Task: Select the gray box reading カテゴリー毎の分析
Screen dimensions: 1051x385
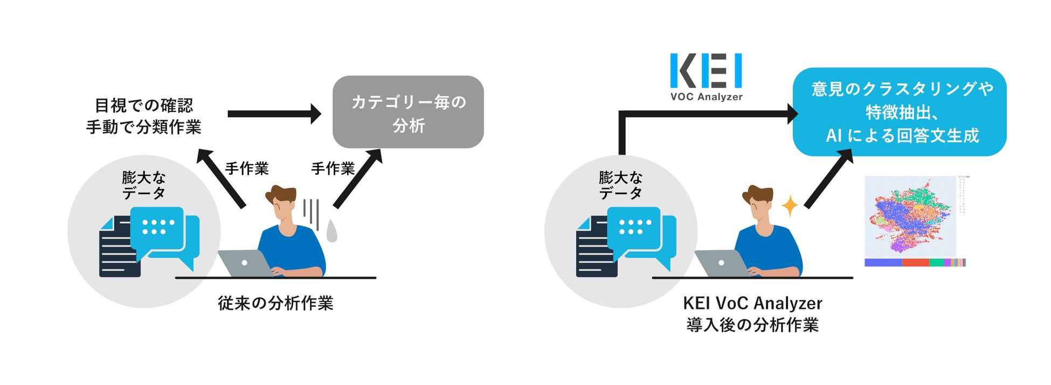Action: click(x=408, y=112)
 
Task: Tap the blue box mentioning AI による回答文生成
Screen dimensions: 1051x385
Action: click(x=899, y=112)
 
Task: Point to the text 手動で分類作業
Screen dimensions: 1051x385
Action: click(x=143, y=127)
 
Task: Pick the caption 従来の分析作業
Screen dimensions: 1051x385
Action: click(x=275, y=303)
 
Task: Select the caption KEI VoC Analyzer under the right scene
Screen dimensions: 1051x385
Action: click(x=752, y=303)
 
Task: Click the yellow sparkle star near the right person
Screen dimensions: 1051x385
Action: click(x=790, y=206)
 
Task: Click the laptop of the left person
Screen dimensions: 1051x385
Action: click(x=245, y=263)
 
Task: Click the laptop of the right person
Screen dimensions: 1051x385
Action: click(x=722, y=263)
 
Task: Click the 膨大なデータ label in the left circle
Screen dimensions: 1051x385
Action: click(x=143, y=185)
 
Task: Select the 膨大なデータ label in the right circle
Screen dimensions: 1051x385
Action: click(x=620, y=185)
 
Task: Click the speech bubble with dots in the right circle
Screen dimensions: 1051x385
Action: click(x=634, y=229)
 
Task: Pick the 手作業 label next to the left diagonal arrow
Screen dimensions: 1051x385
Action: click(x=247, y=168)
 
